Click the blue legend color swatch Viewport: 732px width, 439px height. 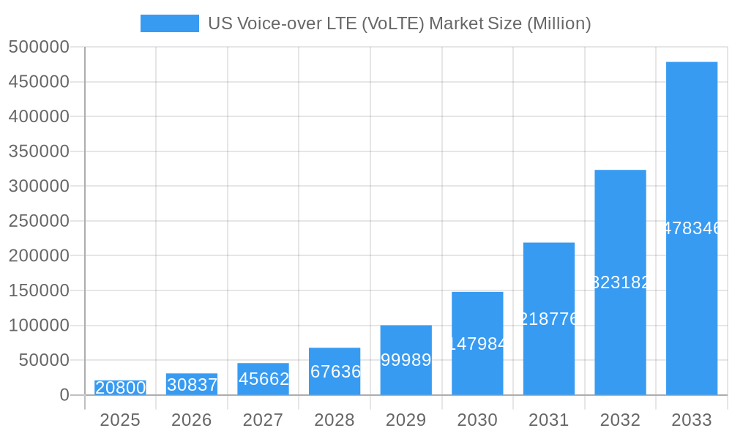[169, 23]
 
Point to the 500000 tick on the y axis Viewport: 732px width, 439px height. [39, 48]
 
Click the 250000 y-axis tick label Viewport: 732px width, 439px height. [39, 221]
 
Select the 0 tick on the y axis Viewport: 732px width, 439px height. [64, 395]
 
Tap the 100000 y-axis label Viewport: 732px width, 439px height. [39, 326]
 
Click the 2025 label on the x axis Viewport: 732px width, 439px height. [120, 420]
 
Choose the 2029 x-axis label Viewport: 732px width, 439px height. [406, 420]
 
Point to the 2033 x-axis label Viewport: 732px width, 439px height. [691, 420]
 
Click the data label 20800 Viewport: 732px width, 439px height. [120, 388]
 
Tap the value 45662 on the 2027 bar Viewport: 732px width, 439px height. [263, 379]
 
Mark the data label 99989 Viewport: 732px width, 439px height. [406, 360]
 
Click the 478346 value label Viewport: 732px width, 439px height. [691, 228]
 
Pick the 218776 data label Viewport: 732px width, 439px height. [548, 319]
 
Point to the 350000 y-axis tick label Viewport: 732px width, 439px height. [39, 151]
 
